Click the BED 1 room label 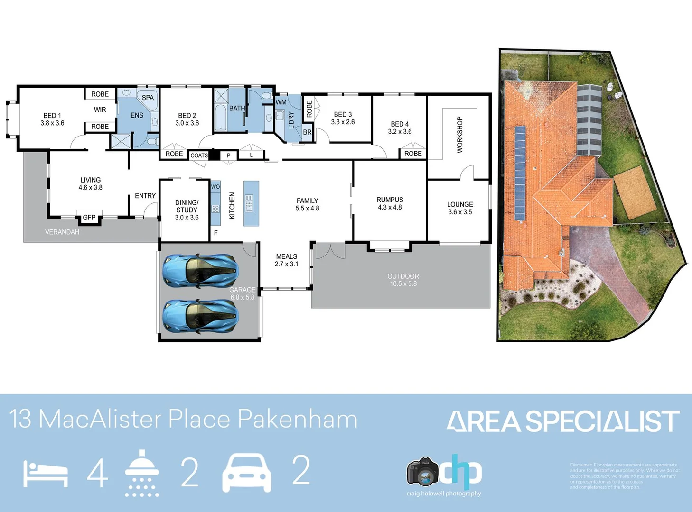(52, 119)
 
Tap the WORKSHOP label (459, 135)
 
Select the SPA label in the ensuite (148, 98)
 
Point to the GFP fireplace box (89, 218)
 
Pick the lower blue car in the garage (200, 315)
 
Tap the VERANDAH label (62, 232)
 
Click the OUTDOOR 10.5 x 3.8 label (403, 280)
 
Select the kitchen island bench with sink (251, 203)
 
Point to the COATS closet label (199, 155)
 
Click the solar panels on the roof (520, 174)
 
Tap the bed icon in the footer (46, 474)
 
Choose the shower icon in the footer (141, 473)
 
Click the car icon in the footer (247, 473)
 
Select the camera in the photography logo (422, 472)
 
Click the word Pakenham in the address (297, 420)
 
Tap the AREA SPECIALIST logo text (563, 421)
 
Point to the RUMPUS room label (390, 203)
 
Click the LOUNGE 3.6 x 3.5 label (460, 208)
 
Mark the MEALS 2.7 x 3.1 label (286, 260)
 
